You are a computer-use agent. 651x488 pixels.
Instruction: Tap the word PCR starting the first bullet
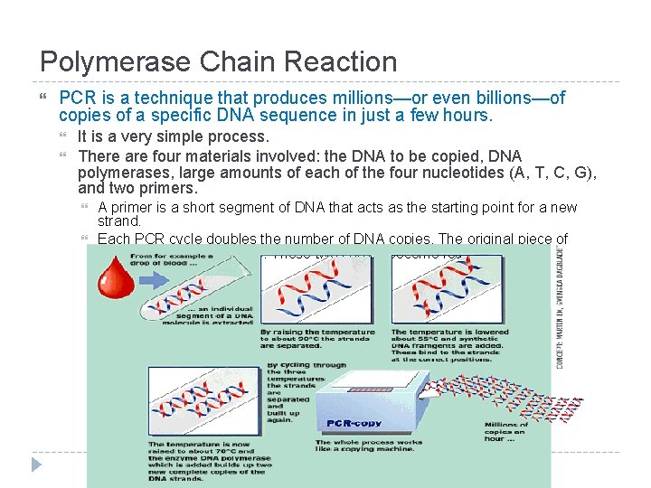pos(76,98)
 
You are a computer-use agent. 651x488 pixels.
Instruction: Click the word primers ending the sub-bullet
pos(167,189)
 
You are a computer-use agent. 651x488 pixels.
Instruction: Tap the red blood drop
pos(116,277)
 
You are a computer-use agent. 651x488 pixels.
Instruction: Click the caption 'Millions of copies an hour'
pos(506,431)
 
